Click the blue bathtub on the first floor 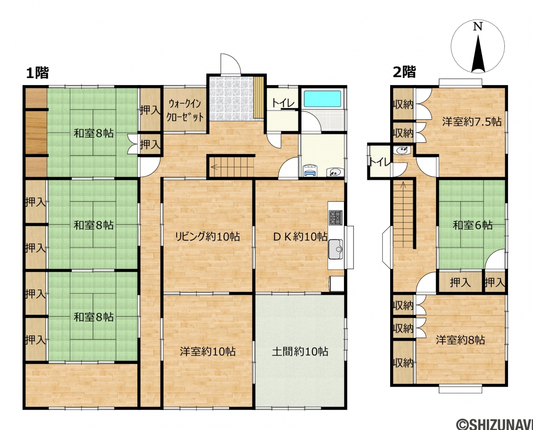pyautogui.click(x=322, y=99)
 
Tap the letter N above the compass pyautogui.click(x=478, y=27)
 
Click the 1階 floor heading pyautogui.click(x=37, y=73)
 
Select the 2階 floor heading pyautogui.click(x=404, y=72)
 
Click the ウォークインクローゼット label pyautogui.click(x=185, y=110)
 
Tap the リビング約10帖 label pyautogui.click(x=207, y=237)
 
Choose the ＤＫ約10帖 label pyautogui.click(x=300, y=237)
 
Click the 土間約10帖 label pyautogui.click(x=300, y=351)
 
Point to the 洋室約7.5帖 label pyautogui.click(x=472, y=122)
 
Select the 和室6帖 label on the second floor pyautogui.click(x=473, y=225)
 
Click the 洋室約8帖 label pyautogui.click(x=461, y=340)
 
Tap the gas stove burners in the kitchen pyautogui.click(x=336, y=217)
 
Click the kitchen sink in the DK pyautogui.click(x=336, y=249)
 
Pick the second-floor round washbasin pyautogui.click(x=402, y=150)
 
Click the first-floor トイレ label pyautogui.click(x=283, y=103)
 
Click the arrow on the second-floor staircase pyautogui.click(x=403, y=185)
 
